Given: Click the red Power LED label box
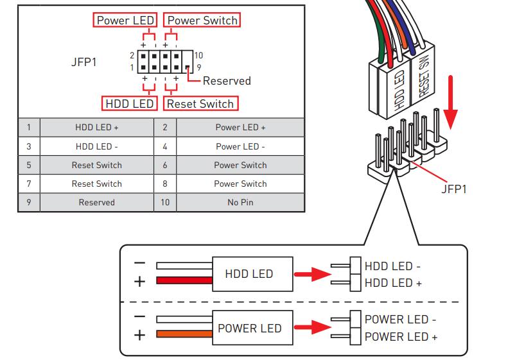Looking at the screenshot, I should pyautogui.click(x=125, y=21).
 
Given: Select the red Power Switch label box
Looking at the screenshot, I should pyautogui.click(x=202, y=21).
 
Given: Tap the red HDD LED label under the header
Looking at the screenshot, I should pyautogui.click(x=129, y=103).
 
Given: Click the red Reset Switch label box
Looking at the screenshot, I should pyautogui.click(x=200, y=103).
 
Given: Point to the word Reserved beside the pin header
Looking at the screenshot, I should pyautogui.click(x=227, y=81).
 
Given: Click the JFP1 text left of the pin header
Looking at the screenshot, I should pyautogui.click(x=84, y=64).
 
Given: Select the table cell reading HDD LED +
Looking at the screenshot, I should pyautogui.click(x=96, y=128).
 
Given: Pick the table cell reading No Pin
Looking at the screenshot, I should pyautogui.click(x=240, y=202).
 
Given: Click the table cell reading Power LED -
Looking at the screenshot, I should pyautogui.click(x=240, y=146).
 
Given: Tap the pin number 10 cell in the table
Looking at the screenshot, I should pyautogui.click(x=164, y=202).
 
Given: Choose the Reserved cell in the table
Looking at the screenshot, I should pyautogui.click(x=96, y=202).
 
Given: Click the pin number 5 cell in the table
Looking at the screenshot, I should pyautogui.click(x=29, y=165).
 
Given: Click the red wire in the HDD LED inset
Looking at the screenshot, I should pyautogui.click(x=184, y=280).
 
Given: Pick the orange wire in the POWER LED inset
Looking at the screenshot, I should pyautogui.click(x=184, y=334).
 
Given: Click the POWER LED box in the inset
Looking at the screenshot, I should pyautogui.click(x=250, y=328).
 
